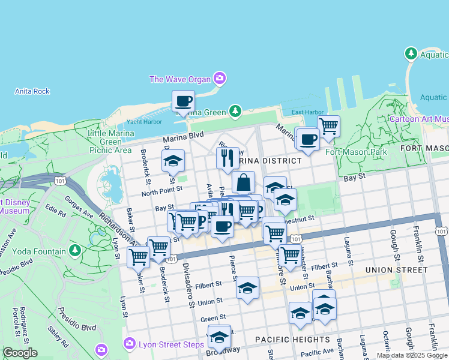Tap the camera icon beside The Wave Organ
(220, 78)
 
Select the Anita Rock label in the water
(32, 91)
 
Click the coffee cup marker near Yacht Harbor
(184, 101)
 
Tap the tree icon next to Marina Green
(235, 112)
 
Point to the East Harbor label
(307, 112)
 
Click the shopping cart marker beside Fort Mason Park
(328, 127)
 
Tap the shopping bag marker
(243, 182)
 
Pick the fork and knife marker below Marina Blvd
(228, 158)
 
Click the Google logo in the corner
(20, 353)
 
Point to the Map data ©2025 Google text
(412, 355)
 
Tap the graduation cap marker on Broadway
(220, 337)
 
